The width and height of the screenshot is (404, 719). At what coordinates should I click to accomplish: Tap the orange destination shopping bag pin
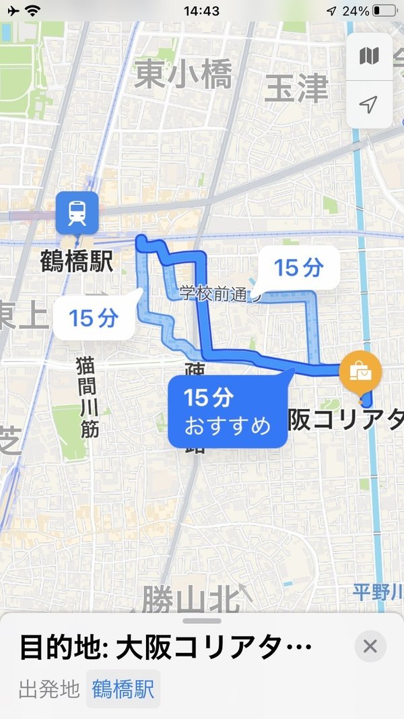point(361,372)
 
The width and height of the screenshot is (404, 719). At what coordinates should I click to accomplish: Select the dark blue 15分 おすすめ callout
point(228,411)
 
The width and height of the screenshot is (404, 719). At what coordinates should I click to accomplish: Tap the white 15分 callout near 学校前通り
point(299,268)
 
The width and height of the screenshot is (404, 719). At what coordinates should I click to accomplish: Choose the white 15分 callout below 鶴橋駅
point(94,317)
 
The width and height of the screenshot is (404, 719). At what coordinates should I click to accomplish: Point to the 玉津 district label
point(296,88)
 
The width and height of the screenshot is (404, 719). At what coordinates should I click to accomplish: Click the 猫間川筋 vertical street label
point(88,397)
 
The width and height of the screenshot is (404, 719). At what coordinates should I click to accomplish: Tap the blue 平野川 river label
point(378,593)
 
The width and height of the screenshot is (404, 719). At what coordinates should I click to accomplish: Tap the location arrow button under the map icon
point(369,104)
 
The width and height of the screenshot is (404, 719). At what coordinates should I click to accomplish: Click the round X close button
point(370,647)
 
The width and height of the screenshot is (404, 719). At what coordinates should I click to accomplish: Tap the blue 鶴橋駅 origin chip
point(123,689)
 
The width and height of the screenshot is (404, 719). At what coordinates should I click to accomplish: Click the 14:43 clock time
point(201,11)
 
